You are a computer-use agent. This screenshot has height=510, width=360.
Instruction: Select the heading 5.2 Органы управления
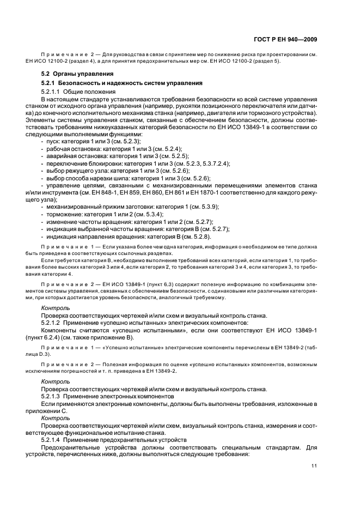point(77,74)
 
